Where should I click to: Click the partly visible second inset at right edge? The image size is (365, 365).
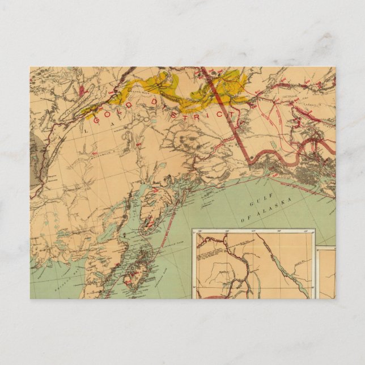pyautogui.click(x=326, y=272)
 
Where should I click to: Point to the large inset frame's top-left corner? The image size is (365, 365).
pyautogui.click(x=193, y=230)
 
